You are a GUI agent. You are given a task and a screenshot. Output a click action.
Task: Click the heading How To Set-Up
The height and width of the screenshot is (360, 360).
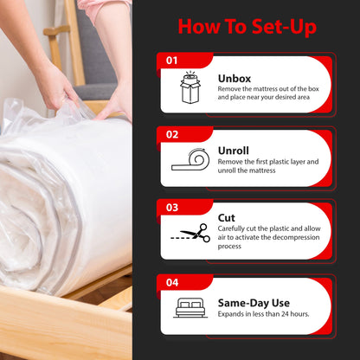click(x=247, y=26)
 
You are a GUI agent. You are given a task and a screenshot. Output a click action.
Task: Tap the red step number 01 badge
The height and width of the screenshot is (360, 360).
click(x=171, y=61)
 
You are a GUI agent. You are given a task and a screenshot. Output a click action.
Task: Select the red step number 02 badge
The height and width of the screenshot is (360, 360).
click(x=171, y=134)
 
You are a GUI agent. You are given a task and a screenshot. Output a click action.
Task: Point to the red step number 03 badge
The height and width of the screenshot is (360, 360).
click(x=171, y=208)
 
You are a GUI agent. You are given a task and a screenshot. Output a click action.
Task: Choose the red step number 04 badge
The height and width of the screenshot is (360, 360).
click(x=171, y=282)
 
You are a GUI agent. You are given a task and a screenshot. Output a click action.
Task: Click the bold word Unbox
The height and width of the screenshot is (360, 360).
click(x=235, y=78)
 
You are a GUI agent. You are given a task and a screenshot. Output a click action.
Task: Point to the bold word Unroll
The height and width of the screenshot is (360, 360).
click(x=235, y=151)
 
